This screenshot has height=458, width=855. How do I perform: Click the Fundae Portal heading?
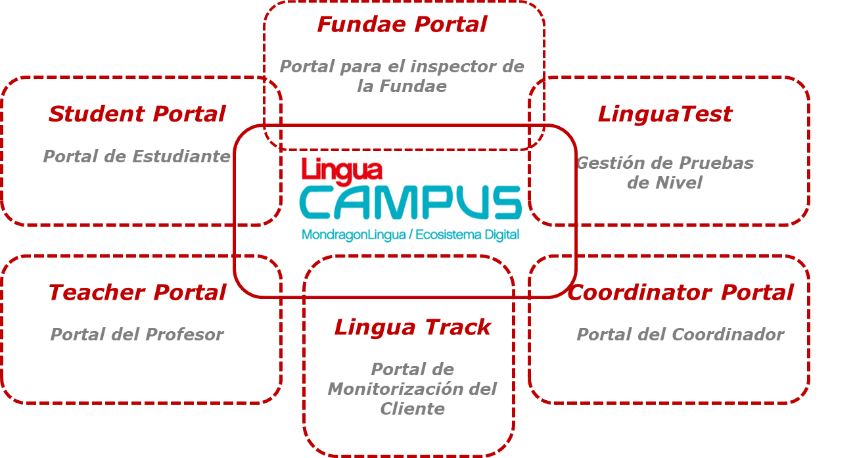click(402, 24)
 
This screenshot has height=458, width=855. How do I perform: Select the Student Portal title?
click(137, 114)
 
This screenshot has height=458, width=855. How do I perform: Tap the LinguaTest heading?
click(665, 114)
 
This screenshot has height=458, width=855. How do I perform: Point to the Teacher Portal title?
click(137, 292)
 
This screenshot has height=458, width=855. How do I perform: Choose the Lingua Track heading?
click(412, 327)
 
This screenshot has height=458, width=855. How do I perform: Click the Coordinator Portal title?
click(681, 292)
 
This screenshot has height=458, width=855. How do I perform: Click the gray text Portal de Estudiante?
click(137, 156)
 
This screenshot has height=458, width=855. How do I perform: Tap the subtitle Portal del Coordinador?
click(680, 334)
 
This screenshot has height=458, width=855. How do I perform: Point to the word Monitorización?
click(396, 389)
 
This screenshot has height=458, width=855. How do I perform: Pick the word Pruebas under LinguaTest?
click(716, 163)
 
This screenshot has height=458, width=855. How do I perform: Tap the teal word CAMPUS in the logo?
click(411, 202)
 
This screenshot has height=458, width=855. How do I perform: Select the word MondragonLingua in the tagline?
click(354, 235)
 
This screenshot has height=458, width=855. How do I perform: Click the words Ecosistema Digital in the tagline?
click(467, 235)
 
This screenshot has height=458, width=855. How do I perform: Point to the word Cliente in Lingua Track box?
click(413, 409)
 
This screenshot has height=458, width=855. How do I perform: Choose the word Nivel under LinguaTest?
click(679, 183)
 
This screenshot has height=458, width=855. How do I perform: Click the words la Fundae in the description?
click(402, 86)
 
